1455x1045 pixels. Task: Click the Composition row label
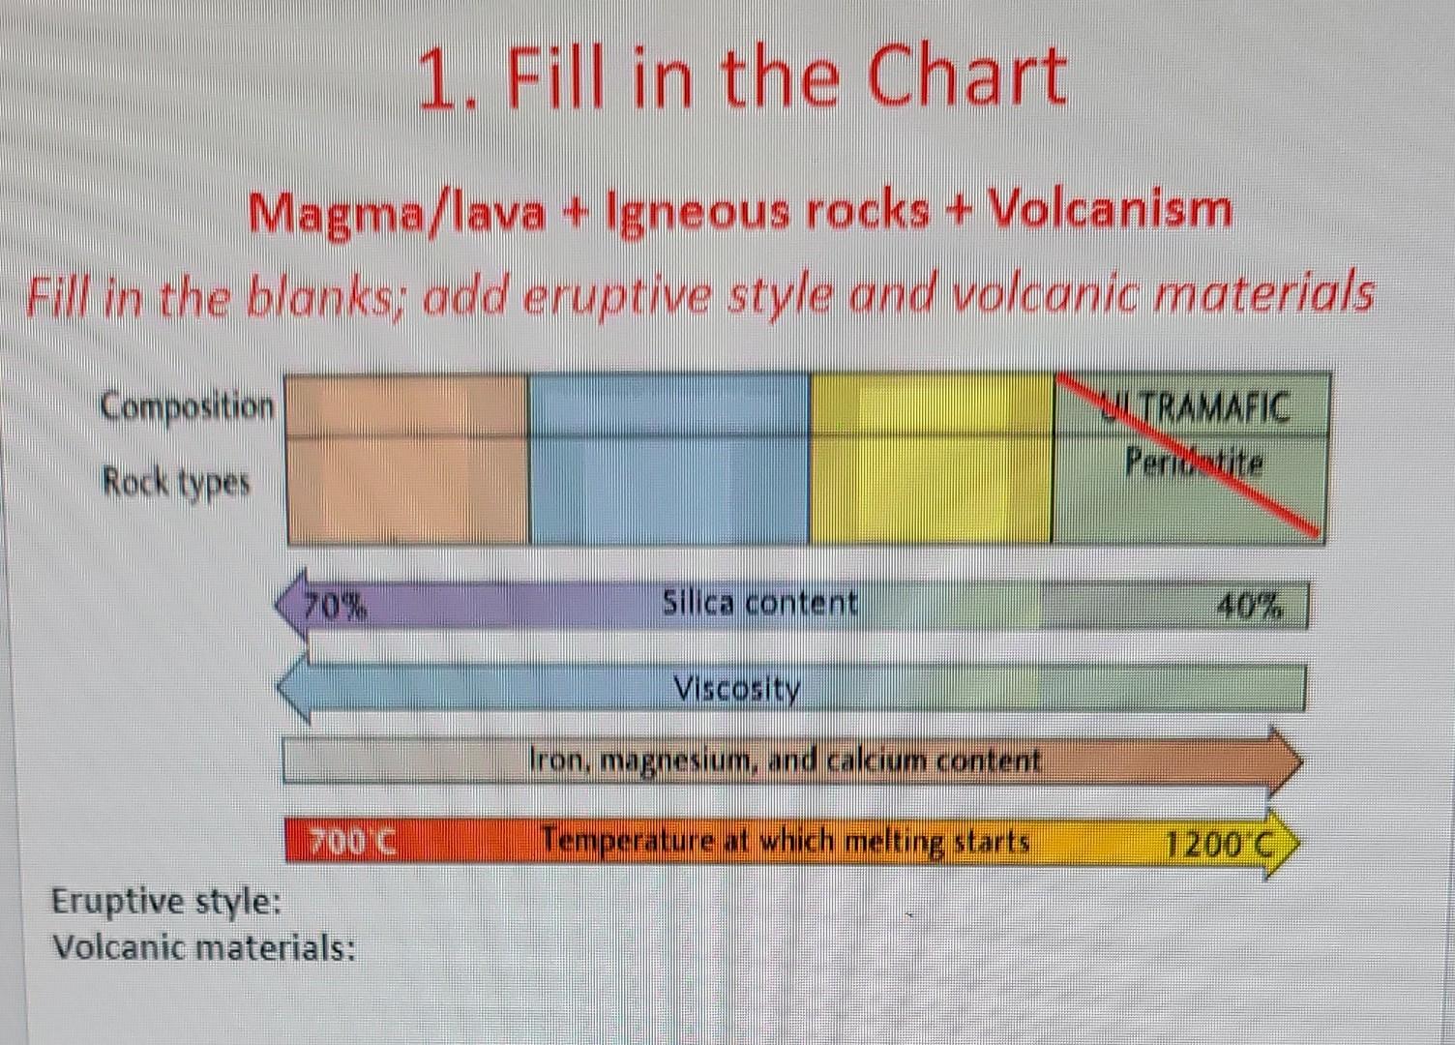coord(188,406)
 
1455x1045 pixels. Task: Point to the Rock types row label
coord(176,481)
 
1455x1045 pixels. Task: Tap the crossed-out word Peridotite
coord(1194,463)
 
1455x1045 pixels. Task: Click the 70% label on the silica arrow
coord(335,607)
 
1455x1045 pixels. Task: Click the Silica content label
coord(759,603)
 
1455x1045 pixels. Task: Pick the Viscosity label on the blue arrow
coord(737,689)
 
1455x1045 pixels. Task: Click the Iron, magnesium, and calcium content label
coord(785,761)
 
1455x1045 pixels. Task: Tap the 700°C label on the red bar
coord(353,841)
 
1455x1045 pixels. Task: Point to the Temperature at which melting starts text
coord(785,841)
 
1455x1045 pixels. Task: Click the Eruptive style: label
coord(166,901)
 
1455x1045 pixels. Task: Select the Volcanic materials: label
coord(203,946)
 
